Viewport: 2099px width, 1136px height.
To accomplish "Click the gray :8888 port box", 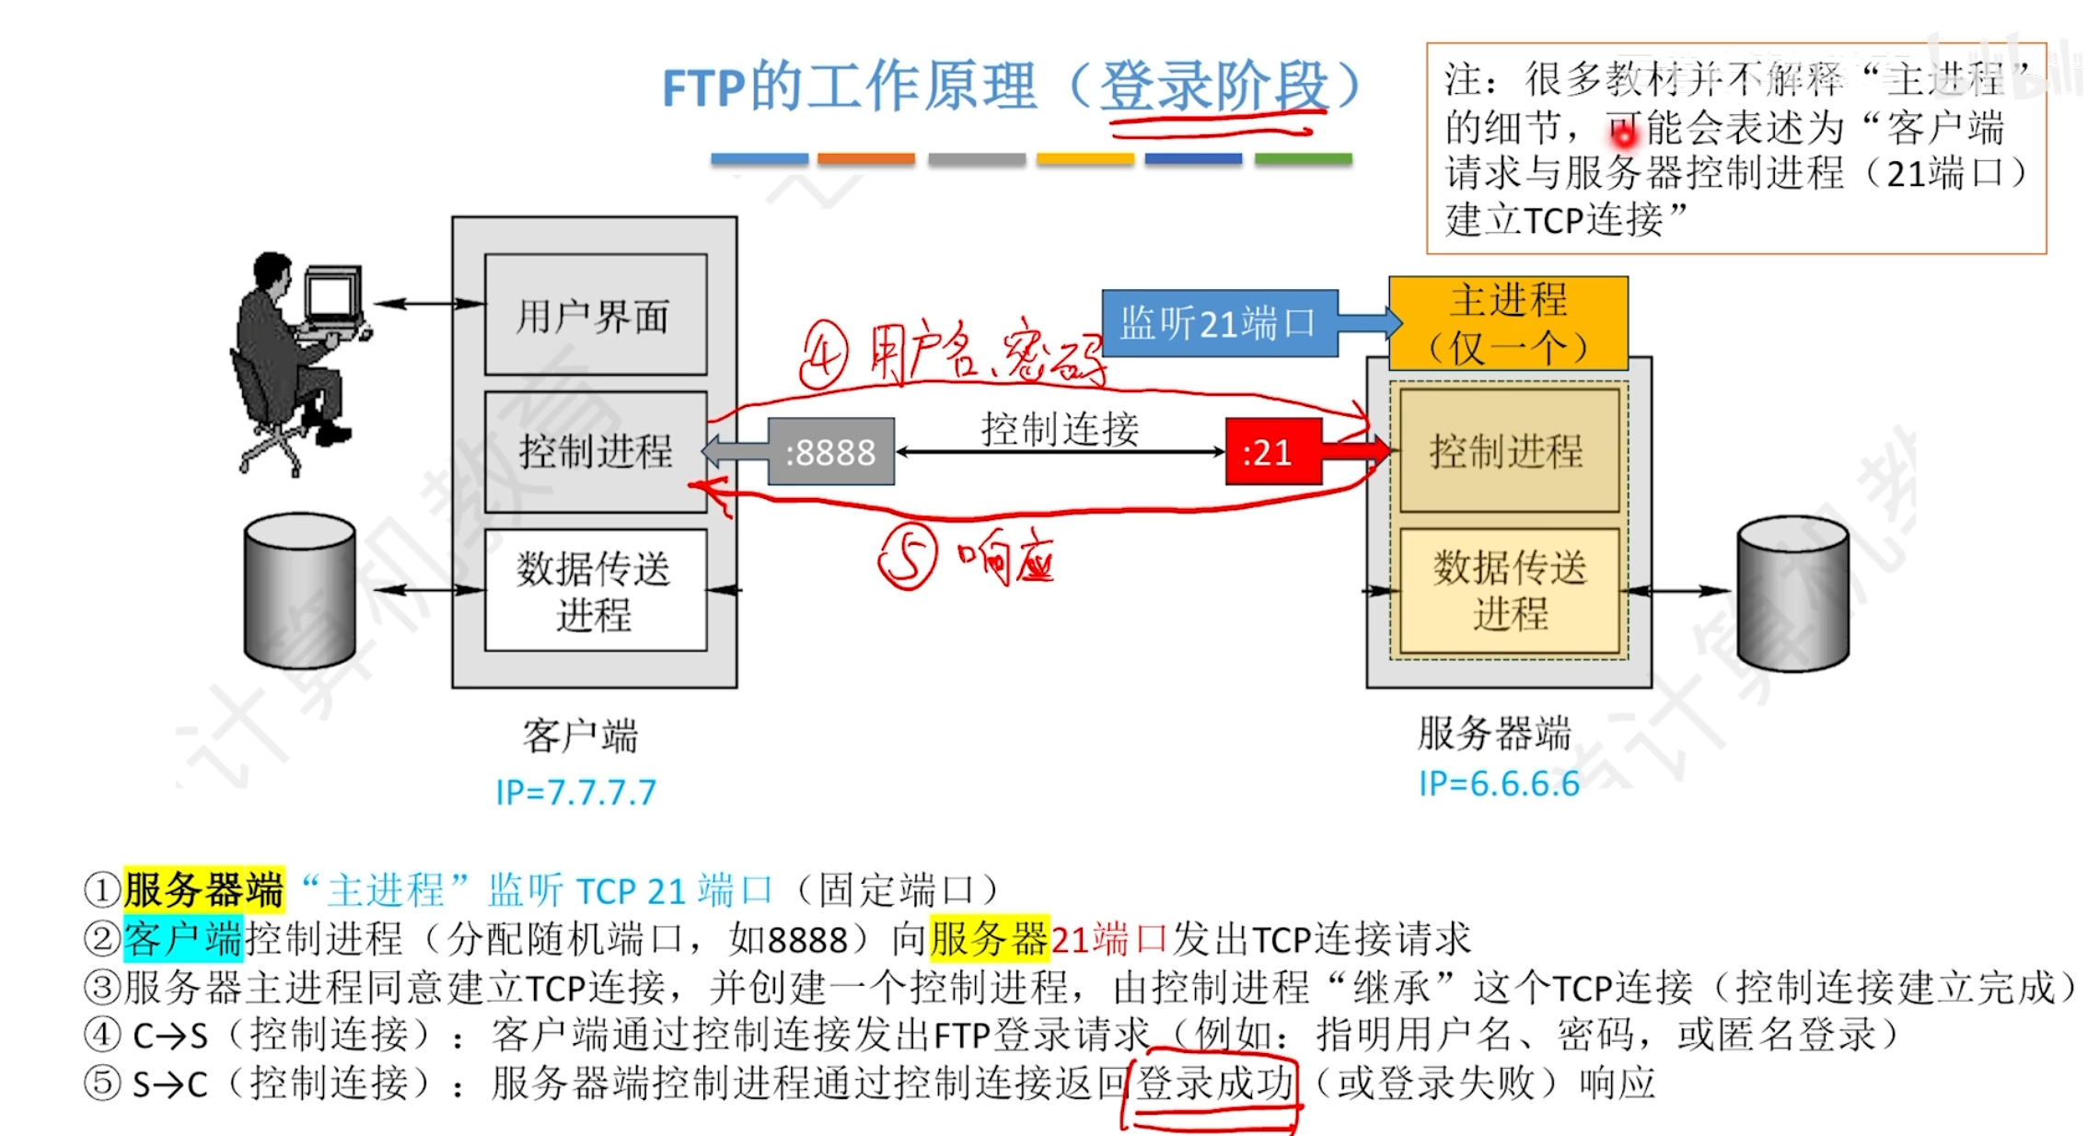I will point(830,452).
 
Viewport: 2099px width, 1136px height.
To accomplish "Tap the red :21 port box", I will point(1273,452).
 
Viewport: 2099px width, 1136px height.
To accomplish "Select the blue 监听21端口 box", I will point(1219,324).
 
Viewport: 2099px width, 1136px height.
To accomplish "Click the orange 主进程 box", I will point(1508,323).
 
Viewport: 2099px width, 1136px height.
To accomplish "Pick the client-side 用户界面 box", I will point(595,315).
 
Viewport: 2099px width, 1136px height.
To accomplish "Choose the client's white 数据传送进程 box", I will point(595,590).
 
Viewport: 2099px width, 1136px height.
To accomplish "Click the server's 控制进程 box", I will point(1508,451).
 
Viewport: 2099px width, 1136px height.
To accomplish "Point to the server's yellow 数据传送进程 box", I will point(1508,590).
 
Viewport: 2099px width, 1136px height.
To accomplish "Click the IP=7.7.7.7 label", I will point(576,793).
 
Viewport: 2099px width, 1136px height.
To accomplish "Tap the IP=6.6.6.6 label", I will point(1498,783).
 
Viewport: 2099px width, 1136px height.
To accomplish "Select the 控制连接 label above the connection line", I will point(1060,429).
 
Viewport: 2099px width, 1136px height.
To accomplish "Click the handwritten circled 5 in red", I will point(908,556).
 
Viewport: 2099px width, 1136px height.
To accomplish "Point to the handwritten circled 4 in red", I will point(823,354).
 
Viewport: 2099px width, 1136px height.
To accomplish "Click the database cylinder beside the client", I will point(300,590).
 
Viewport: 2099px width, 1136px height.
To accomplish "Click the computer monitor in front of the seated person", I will point(331,296).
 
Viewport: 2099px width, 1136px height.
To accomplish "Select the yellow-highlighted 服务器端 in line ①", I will point(203,890).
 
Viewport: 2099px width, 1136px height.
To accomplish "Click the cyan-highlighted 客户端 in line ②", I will point(182,939).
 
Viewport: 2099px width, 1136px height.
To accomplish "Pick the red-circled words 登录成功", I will point(1214,1084).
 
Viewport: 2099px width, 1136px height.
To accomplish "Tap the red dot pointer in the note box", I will point(1625,136).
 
